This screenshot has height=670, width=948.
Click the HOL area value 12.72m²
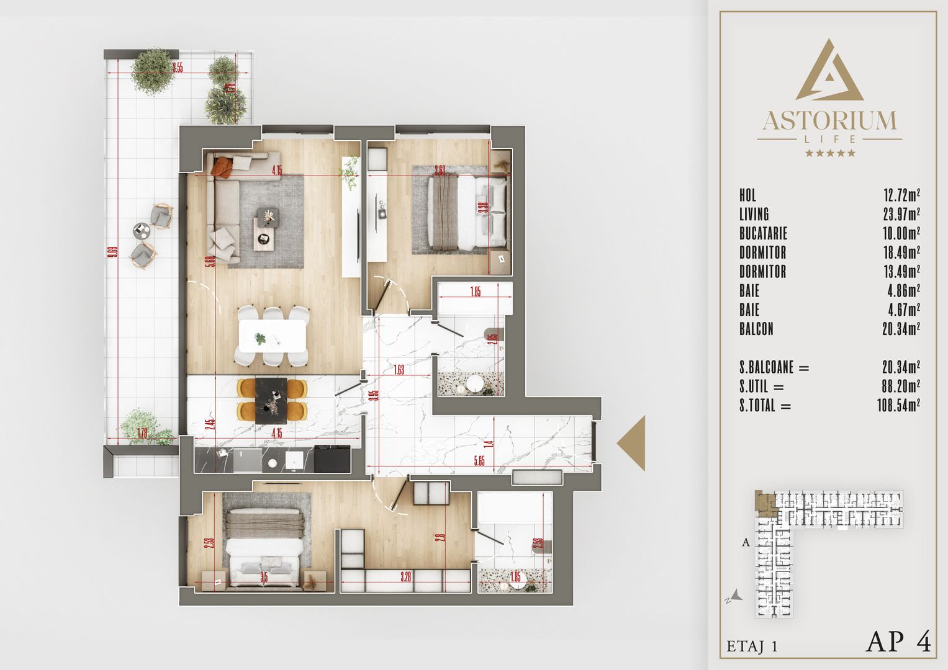tap(901, 195)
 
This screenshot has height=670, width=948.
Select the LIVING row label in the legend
tap(754, 215)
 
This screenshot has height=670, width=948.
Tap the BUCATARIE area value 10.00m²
tap(901, 234)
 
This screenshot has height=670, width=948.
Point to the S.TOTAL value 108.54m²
tap(894, 406)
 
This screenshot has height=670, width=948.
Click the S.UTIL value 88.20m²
tap(897, 387)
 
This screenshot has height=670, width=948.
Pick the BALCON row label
tap(756, 329)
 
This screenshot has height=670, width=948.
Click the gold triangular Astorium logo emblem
tap(829, 71)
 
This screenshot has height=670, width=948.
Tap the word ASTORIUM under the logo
tap(829, 120)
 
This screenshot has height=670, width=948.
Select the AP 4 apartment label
tap(898, 642)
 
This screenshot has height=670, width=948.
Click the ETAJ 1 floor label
tap(752, 646)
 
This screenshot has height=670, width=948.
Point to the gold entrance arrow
tap(633, 443)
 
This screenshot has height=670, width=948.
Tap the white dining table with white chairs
tap(273, 336)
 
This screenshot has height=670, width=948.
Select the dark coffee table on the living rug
tap(266, 228)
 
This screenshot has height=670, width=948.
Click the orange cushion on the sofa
tap(223, 166)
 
